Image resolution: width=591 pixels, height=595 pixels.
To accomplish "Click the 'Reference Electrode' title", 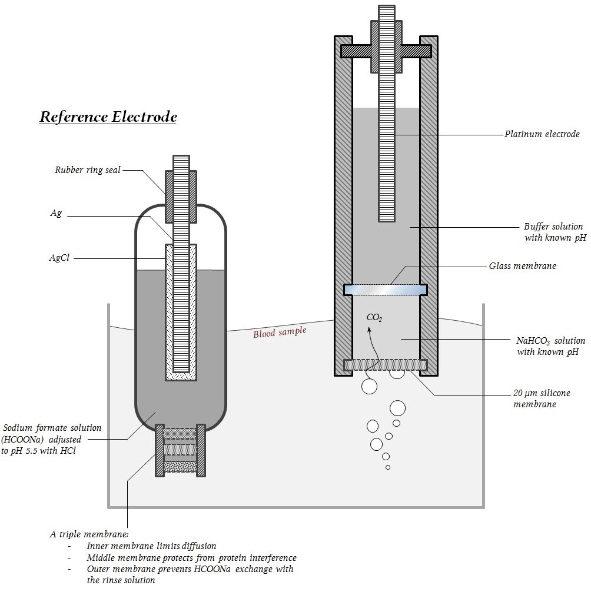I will (108, 117).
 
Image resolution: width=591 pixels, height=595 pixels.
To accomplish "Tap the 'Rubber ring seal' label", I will (88, 170).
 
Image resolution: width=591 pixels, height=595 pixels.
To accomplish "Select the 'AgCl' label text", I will (59, 258).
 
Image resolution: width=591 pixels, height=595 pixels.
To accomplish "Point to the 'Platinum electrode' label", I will (542, 134).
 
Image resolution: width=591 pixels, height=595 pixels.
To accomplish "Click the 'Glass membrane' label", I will (522, 266).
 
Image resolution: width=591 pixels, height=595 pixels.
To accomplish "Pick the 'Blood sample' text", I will (280, 333).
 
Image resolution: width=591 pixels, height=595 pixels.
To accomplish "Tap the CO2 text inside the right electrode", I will (374, 318).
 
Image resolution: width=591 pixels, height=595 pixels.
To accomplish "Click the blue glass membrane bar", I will (385, 290).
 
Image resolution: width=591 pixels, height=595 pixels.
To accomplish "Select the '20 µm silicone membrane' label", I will (542, 398).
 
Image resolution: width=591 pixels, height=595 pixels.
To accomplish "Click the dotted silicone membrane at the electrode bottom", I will (385, 365).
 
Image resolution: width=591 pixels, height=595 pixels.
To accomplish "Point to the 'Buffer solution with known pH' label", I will (554, 232).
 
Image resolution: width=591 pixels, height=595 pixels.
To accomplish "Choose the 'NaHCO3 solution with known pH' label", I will (550, 346).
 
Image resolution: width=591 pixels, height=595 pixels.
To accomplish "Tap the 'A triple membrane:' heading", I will (89, 534).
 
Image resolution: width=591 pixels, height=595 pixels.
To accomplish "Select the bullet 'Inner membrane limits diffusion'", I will (151, 546).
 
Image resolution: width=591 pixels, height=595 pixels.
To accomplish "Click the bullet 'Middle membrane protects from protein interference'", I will (191, 557).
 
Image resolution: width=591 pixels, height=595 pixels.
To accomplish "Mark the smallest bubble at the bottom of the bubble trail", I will (388, 467).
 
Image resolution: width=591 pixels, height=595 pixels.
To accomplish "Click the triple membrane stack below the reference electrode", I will (180, 450).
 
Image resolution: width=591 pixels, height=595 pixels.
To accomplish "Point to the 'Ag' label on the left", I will (56, 214).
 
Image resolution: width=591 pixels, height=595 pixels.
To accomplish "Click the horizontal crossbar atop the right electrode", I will (386, 51).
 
